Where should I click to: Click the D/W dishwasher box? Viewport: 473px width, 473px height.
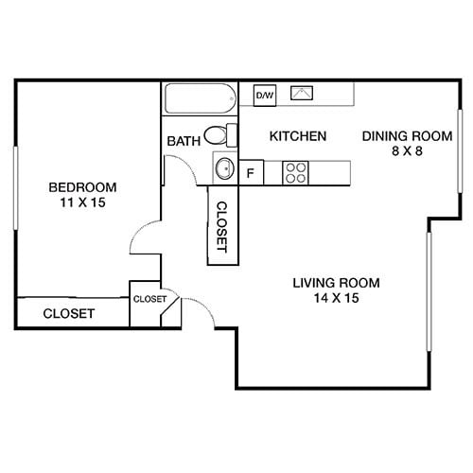tap(264, 95)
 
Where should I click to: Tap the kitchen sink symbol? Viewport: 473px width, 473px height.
tap(303, 94)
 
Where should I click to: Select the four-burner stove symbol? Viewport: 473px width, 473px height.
tap(296, 172)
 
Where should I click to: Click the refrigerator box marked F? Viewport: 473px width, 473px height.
tap(251, 173)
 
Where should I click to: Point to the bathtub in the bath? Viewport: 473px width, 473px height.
tap(198, 99)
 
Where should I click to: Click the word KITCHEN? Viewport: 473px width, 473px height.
tap(298, 136)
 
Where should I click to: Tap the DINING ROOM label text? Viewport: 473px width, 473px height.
tap(398, 136)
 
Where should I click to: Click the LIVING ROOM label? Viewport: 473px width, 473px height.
tap(336, 282)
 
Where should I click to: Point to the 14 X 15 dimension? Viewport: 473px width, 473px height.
tap(336, 298)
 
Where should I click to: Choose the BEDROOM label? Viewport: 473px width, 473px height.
tap(84, 186)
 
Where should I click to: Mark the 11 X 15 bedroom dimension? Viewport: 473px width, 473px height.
tap(84, 202)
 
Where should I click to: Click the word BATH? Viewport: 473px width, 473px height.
tap(184, 142)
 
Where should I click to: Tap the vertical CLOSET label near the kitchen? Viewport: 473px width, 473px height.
tap(221, 227)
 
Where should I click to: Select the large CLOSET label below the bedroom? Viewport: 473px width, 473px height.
tap(69, 313)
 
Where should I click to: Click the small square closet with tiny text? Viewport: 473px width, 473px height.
tap(149, 299)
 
